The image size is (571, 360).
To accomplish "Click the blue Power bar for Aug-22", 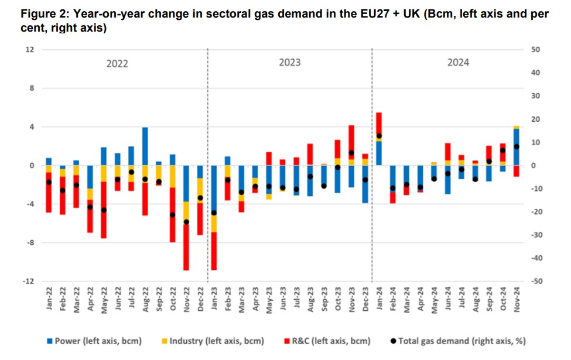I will pyautogui.click(x=145, y=146).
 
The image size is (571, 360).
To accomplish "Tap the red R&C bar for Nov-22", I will pyautogui.click(x=186, y=246).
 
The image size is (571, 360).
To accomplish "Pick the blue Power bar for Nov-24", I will pyautogui.click(x=516, y=147).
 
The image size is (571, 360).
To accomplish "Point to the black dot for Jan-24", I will pyautogui.click(x=379, y=136).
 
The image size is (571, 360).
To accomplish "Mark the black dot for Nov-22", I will pyautogui.click(x=186, y=222).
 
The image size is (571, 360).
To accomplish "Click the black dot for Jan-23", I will pyautogui.click(x=214, y=212).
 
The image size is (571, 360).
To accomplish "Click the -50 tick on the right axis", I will pyautogui.click(x=535, y=282).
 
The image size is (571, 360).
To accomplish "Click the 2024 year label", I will pyautogui.click(x=458, y=63).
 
